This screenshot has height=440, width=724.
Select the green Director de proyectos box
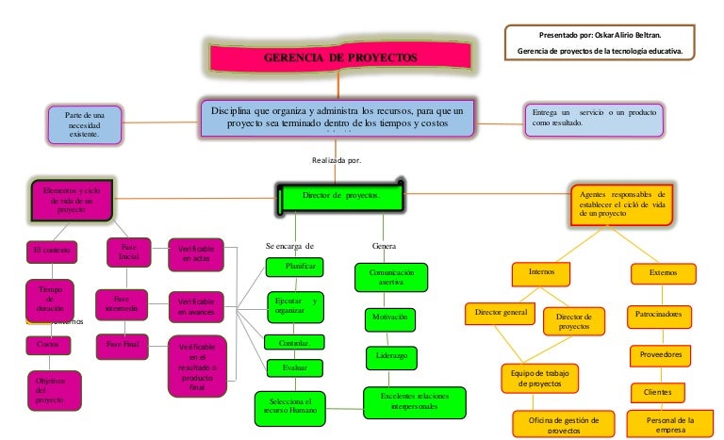340,196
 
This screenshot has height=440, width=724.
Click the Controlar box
294,342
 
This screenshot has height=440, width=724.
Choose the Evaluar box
294,367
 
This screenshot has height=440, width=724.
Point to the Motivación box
388,318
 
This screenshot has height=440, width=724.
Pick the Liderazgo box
389,357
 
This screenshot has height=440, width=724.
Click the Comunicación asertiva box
390,277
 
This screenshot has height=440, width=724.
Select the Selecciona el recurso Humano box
289,406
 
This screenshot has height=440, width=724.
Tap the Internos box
542,272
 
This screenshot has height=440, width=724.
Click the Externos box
663,273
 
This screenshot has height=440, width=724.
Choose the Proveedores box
661,355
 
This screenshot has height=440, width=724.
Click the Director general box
501,312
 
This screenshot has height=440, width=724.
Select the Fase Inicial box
129,253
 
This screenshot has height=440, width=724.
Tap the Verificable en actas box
196,253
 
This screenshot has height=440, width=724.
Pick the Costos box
47,346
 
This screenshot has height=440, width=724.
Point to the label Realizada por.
337,160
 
